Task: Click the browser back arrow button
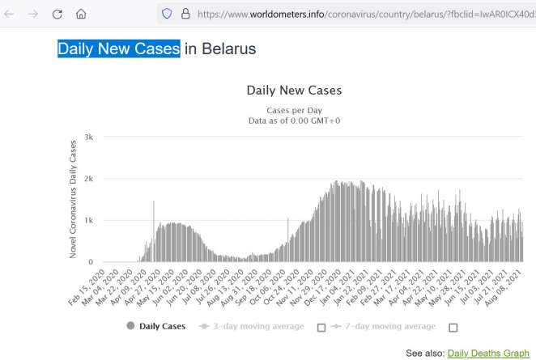click(x=10, y=14)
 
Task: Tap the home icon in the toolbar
click(x=81, y=14)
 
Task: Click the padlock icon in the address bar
click(x=185, y=14)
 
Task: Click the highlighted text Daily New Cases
click(x=118, y=49)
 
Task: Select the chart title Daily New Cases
click(x=294, y=90)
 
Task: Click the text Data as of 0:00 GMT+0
click(x=294, y=121)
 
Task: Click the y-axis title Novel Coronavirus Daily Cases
click(x=74, y=199)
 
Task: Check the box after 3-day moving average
click(x=321, y=328)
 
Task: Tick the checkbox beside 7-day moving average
click(x=453, y=328)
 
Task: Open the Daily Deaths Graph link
click(x=488, y=353)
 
